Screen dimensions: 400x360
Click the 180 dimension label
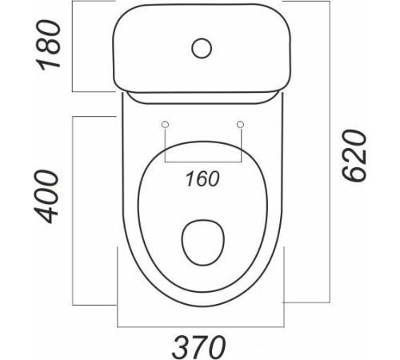click(x=48, y=45)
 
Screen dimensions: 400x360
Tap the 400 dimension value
click(x=46, y=197)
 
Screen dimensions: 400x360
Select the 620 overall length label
click(x=354, y=156)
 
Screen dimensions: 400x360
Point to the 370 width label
click(x=199, y=346)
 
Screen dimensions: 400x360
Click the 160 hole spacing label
click(x=202, y=178)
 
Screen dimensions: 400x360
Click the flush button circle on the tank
click(x=202, y=48)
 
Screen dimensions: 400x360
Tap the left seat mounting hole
click(x=166, y=124)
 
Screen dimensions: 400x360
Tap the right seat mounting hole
click(x=241, y=124)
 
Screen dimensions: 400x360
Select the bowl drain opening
click(x=203, y=242)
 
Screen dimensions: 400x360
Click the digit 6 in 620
click(x=354, y=174)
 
